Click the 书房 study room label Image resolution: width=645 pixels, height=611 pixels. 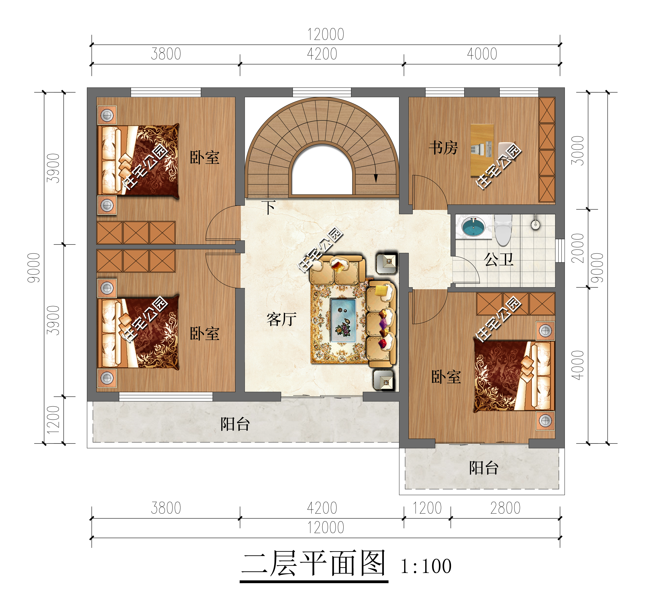443,148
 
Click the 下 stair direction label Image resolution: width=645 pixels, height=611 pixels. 269,207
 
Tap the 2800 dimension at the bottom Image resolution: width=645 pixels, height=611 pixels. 505,508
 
